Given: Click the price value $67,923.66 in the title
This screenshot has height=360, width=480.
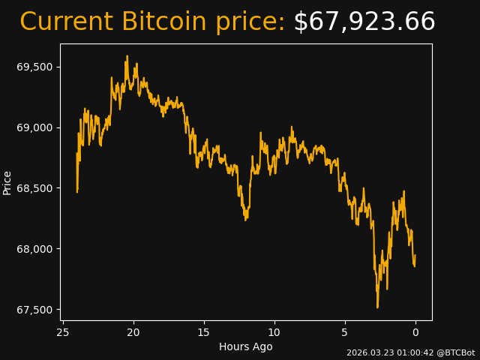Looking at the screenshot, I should click(364, 22).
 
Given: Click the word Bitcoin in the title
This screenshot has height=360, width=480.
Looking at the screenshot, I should click(163, 22).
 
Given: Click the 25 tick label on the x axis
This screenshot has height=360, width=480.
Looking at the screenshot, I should click(63, 332).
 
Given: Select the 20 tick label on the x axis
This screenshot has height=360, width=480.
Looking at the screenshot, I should click(133, 332).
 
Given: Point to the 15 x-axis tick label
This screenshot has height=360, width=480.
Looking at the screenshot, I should click(204, 332).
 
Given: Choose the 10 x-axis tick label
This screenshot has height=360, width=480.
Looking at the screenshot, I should click(274, 332).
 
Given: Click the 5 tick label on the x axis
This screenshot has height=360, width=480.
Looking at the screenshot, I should click(345, 332).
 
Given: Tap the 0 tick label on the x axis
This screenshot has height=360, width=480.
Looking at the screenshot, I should click(415, 332).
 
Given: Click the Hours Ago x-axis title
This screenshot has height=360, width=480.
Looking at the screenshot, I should click(246, 346).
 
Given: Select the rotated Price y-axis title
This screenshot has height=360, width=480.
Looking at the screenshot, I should click(7, 182).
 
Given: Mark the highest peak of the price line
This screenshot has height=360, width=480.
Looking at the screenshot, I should click(127, 56).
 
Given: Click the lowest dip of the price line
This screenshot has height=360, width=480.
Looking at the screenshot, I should click(377, 307).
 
